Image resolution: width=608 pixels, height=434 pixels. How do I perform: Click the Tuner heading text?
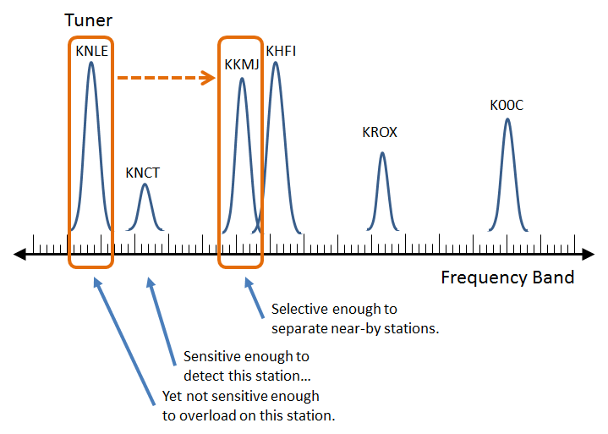pyautogui.click(x=89, y=20)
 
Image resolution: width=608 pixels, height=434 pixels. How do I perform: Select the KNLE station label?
pyautogui.click(x=91, y=51)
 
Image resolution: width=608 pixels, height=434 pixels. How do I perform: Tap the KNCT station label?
pyautogui.click(x=142, y=173)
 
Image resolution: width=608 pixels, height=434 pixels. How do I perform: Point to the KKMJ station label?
pyautogui.click(x=242, y=64)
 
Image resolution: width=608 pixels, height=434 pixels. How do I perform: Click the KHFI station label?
pyautogui.click(x=281, y=51)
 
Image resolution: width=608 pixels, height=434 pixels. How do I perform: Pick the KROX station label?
pyautogui.click(x=380, y=132)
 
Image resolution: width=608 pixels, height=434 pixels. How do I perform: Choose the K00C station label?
pyautogui.click(x=507, y=105)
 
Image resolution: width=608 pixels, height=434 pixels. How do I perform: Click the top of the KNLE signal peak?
pyautogui.click(x=91, y=63)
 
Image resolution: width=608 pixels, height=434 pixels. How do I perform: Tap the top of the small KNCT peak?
pyautogui.click(x=145, y=184)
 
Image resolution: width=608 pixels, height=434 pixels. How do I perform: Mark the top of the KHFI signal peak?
pyautogui.click(x=276, y=63)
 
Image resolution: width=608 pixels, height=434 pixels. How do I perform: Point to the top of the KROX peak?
pyautogui.click(x=382, y=153)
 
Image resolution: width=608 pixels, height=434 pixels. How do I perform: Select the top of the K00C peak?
pyautogui.click(x=507, y=119)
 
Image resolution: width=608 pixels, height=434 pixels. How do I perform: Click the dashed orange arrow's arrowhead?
pyautogui.click(x=209, y=78)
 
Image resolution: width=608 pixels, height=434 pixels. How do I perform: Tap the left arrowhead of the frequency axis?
pyautogui.click(x=19, y=254)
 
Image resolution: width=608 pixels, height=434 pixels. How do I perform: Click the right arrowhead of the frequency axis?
pyautogui.click(x=589, y=254)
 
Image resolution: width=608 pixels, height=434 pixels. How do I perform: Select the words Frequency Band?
pyautogui.click(x=507, y=277)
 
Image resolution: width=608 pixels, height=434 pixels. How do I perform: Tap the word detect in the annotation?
pyautogui.click(x=204, y=376)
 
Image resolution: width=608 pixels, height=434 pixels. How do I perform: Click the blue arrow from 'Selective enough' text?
pyautogui.click(x=254, y=298)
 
